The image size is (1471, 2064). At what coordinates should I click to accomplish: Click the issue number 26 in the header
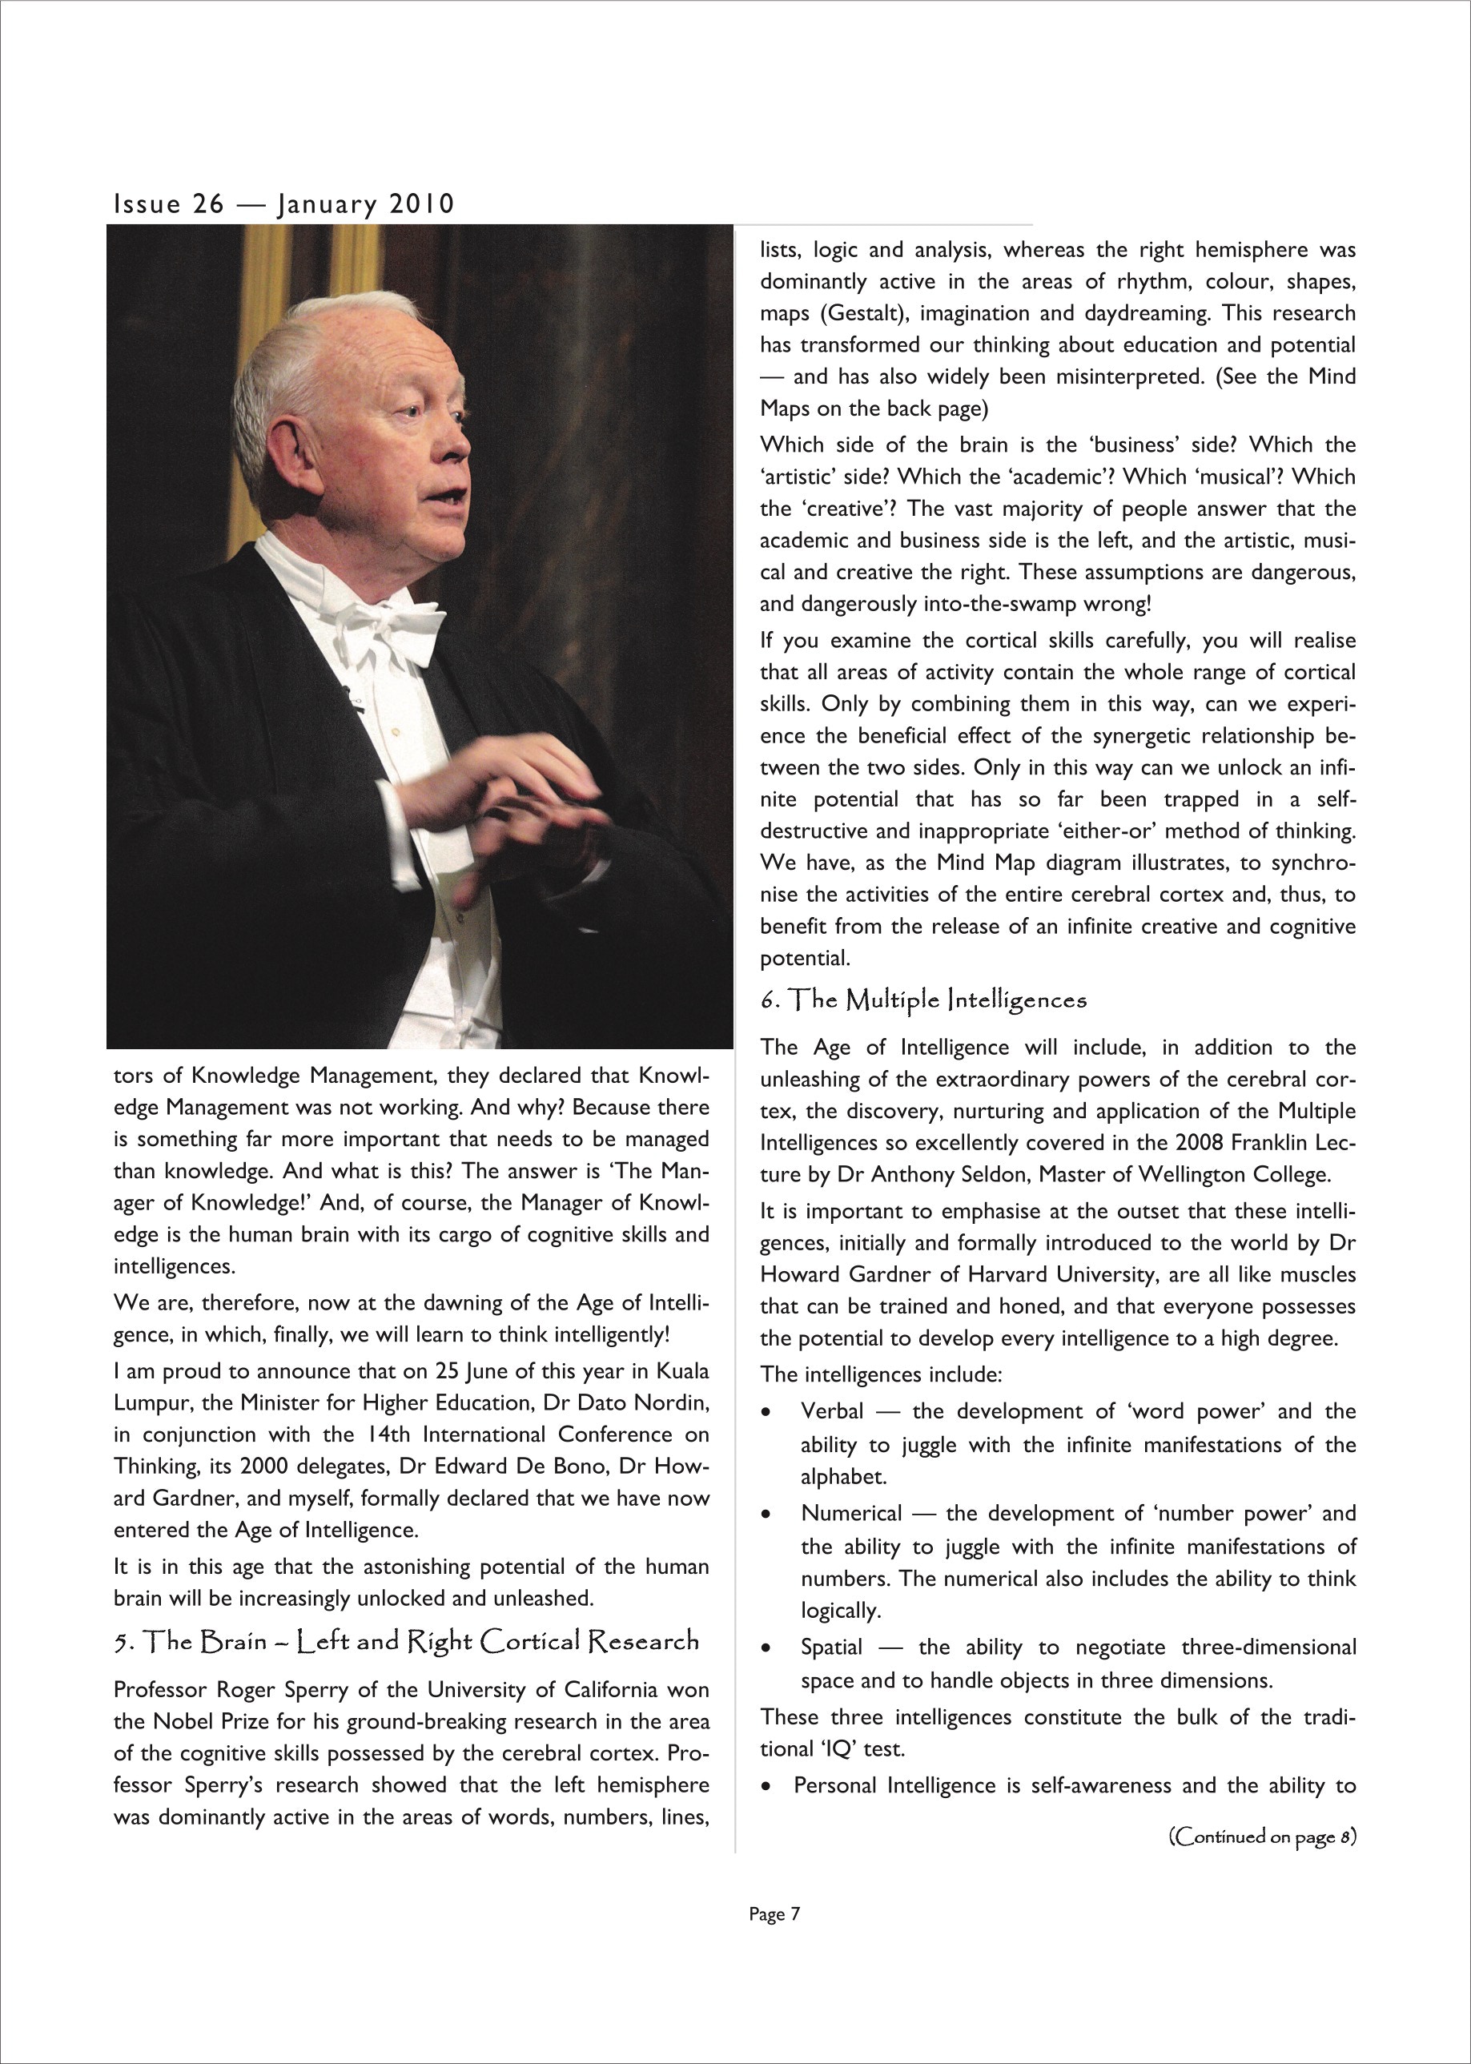point(207,204)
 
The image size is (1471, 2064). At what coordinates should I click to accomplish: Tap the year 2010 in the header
point(421,204)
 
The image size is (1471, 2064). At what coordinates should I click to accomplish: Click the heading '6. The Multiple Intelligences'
point(923,1000)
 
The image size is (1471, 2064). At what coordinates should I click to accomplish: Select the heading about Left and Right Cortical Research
point(407,1641)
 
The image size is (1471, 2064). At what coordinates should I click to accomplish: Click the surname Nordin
point(669,1402)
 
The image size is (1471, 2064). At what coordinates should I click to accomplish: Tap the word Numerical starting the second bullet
point(851,1513)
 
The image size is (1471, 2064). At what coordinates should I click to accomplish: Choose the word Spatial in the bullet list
point(831,1648)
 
